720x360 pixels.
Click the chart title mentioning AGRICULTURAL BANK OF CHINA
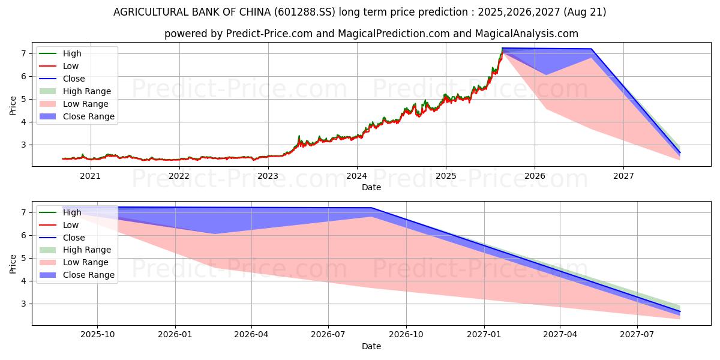click(359, 12)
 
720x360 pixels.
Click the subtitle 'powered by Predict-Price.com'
click(371, 34)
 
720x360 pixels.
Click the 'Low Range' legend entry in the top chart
click(85, 104)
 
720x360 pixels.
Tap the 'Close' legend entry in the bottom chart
click(74, 238)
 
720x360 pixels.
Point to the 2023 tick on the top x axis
click(268, 176)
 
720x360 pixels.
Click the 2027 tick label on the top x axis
click(623, 176)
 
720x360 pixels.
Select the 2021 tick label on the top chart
click(90, 176)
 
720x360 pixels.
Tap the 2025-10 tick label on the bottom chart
click(98, 334)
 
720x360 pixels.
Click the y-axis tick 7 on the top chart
click(23, 53)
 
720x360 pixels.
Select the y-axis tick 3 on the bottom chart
click(23, 304)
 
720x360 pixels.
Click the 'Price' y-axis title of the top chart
click(13, 106)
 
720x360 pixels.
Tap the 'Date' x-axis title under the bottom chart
click(371, 346)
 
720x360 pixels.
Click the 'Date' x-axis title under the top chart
click(371, 187)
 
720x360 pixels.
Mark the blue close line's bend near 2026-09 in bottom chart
click(371, 208)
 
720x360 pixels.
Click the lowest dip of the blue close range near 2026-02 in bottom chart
click(215, 233)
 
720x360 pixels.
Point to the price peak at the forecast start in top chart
click(502, 49)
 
